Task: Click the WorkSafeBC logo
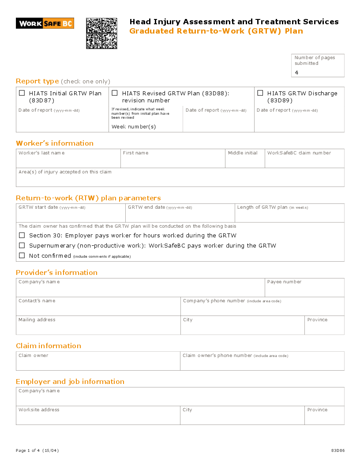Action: coord(45,23)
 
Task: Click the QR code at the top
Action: coord(101,33)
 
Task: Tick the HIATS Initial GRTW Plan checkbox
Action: coord(22,93)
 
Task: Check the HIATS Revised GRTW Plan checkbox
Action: coord(115,93)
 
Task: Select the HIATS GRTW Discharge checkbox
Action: coord(260,93)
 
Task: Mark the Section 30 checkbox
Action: coord(22,235)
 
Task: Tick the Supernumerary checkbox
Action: coord(22,245)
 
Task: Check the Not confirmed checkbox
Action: coord(22,256)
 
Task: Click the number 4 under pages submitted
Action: coord(296,72)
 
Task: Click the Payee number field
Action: coord(304,290)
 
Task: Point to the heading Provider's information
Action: coord(56,272)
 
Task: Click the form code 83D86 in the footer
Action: coord(337,451)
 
